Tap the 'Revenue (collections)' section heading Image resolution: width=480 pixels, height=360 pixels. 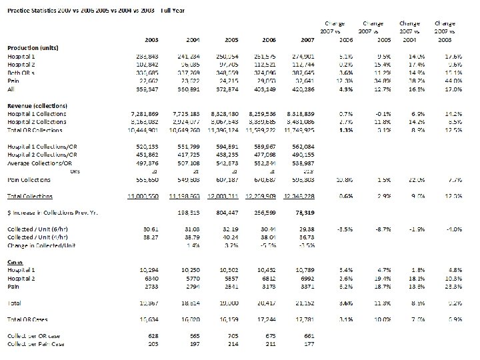[37, 107]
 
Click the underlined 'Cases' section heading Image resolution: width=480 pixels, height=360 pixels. [14, 262]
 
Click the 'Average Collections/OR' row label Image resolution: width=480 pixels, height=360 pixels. [36, 163]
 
